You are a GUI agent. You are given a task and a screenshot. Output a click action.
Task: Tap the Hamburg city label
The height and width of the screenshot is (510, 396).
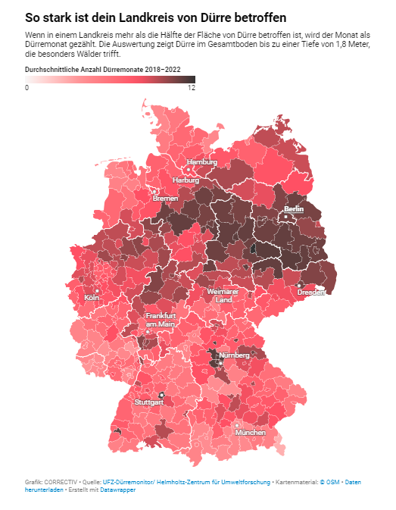point(202,162)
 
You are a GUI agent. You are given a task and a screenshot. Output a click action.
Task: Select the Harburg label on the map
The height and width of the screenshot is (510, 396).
point(186,180)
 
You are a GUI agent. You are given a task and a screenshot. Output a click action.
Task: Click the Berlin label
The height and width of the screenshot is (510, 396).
point(294,208)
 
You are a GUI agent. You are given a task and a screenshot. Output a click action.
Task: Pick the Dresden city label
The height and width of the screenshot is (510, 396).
point(311,292)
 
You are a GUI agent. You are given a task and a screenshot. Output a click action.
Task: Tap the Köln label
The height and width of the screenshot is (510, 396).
point(92,297)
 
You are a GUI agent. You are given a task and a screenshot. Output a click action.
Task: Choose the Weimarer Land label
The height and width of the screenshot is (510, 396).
point(223,296)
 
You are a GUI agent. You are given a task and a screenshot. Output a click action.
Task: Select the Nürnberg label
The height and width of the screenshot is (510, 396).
point(234,355)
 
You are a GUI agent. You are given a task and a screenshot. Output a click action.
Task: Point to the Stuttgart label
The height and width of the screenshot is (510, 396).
point(148,402)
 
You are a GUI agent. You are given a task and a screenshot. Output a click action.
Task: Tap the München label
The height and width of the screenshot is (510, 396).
point(251,432)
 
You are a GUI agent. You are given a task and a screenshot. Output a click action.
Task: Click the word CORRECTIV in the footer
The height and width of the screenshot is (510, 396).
point(61,482)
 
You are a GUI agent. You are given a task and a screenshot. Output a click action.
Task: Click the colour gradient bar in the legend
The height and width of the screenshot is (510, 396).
point(110,79)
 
